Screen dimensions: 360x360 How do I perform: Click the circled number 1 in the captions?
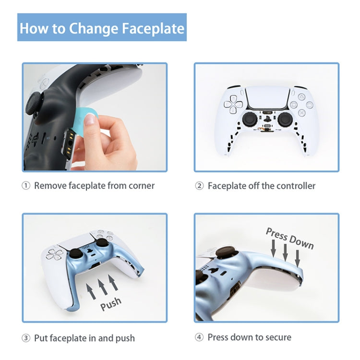click(x=26, y=186)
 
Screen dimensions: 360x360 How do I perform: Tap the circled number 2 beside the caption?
click(x=199, y=186)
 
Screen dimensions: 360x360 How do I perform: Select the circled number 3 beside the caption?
click(x=26, y=338)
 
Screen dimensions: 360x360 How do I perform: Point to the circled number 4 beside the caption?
click(x=199, y=337)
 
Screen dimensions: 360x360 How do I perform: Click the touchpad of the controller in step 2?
click(x=266, y=98)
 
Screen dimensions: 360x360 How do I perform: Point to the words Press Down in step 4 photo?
click(x=289, y=238)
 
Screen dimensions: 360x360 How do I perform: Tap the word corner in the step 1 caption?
click(x=139, y=186)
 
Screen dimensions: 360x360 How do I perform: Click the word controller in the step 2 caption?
click(x=294, y=186)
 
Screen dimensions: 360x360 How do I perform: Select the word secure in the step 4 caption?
click(x=275, y=337)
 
